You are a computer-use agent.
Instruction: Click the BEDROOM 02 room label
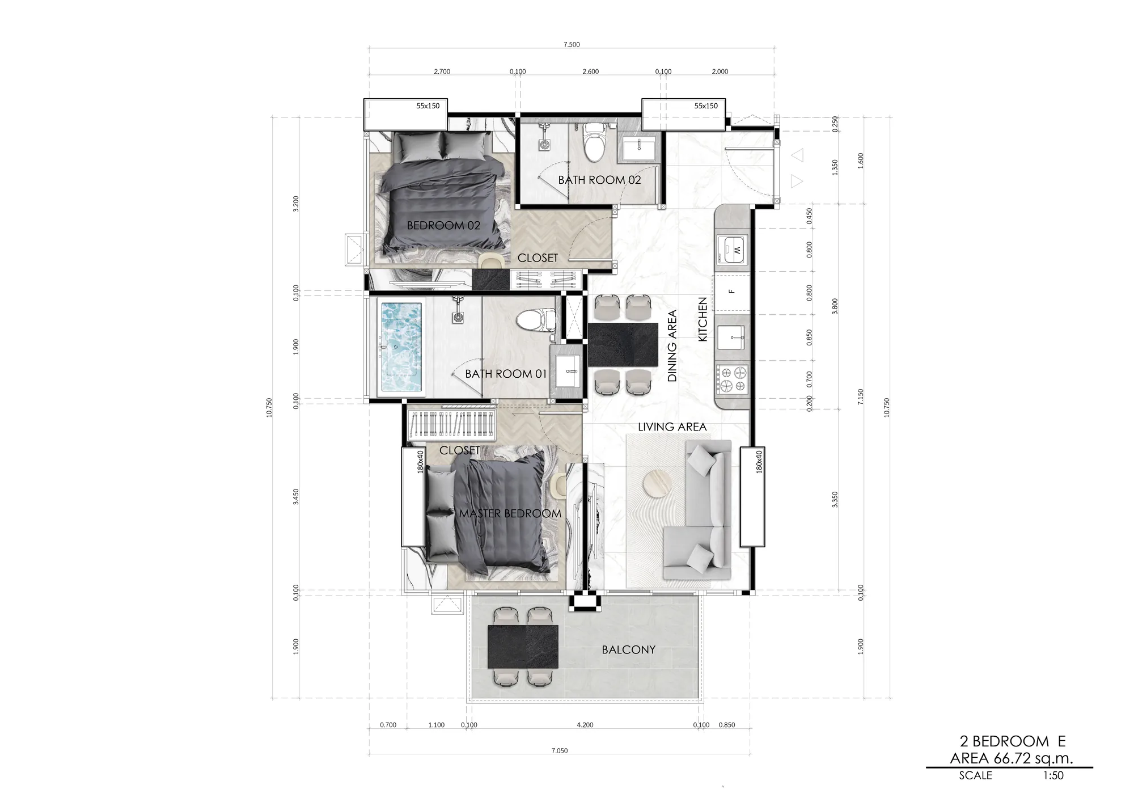pos(443,226)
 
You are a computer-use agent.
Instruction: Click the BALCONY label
pos(628,650)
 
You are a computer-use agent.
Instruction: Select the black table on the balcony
pos(523,647)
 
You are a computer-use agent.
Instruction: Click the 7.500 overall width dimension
pos(572,45)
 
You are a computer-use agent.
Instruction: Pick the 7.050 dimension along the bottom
pos(559,751)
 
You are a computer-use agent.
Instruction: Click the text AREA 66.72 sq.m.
pos(1012,758)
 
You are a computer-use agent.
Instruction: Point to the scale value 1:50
pos(1053,775)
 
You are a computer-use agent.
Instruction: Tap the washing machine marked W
pos(733,250)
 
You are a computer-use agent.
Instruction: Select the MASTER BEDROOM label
pos(510,514)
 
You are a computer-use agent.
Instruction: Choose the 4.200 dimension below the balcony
pos(585,725)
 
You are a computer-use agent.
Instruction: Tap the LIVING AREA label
pos(672,427)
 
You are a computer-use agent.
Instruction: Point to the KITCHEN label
pos(703,319)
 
